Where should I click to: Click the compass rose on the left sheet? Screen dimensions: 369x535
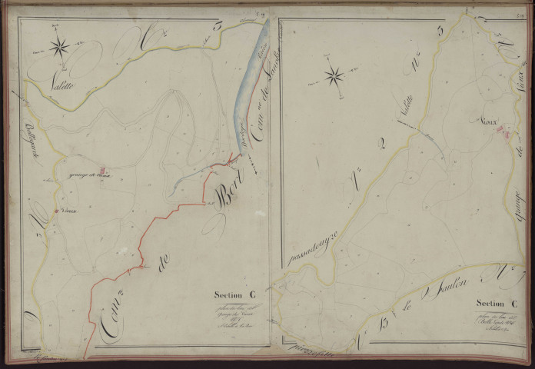point(59,48)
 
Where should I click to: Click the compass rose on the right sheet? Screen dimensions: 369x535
point(334,75)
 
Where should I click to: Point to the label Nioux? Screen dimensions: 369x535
point(488,121)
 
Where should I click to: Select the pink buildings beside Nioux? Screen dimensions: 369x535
point(504,132)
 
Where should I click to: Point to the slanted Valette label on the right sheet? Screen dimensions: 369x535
point(405,111)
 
